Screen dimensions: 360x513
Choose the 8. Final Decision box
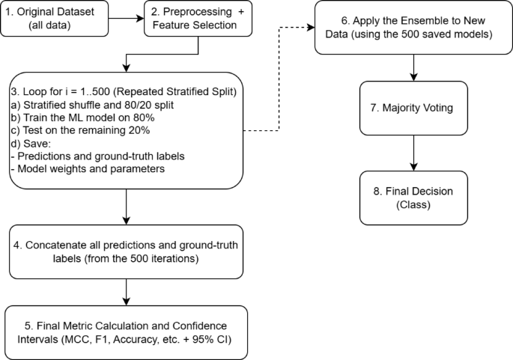[413, 197]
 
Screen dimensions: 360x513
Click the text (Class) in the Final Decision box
[413, 204]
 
